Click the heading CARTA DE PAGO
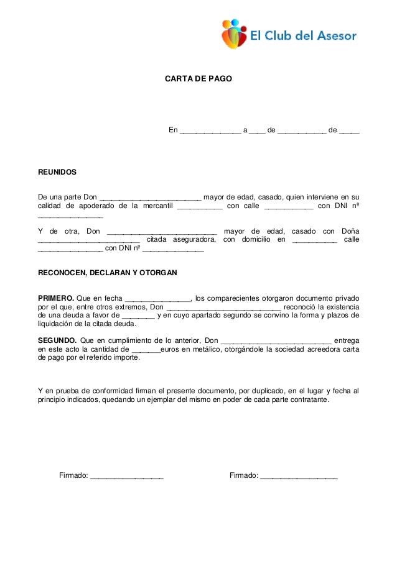pyautogui.click(x=198, y=80)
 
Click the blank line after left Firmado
pyautogui.click(x=127, y=477)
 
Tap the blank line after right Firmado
pyautogui.click(x=299, y=477)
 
